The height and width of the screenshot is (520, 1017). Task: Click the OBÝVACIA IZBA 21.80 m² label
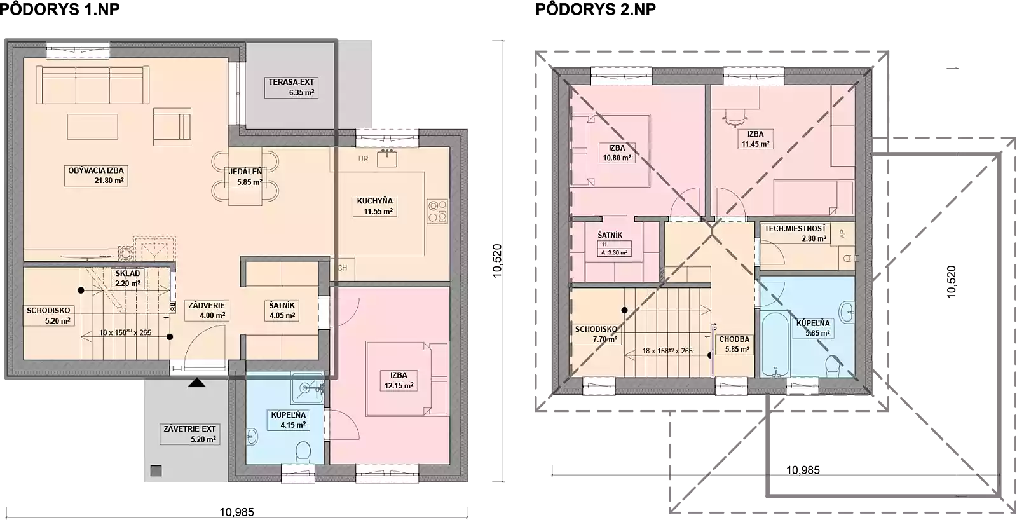[x=96, y=175]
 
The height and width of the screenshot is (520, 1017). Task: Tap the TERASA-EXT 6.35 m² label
[x=291, y=87]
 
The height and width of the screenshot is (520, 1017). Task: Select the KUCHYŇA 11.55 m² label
[x=374, y=206]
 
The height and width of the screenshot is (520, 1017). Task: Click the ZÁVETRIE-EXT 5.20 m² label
[x=189, y=434]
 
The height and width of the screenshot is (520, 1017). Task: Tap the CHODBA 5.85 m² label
[x=734, y=345]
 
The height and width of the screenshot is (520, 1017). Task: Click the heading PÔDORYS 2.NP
[x=596, y=9]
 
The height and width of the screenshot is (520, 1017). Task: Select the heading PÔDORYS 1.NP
[x=60, y=9]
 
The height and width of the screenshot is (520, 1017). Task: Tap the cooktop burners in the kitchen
[x=437, y=211]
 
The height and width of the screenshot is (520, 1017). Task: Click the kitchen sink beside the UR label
[x=387, y=158]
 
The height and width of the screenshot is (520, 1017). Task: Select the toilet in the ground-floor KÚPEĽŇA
[x=303, y=453]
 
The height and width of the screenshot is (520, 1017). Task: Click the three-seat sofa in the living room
[x=93, y=85]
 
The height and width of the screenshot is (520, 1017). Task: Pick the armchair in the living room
[x=172, y=127]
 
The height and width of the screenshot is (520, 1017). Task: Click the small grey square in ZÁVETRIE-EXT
[x=156, y=470]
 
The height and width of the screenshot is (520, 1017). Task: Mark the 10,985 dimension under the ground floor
[x=237, y=512]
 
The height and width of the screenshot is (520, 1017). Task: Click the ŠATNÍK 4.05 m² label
[x=282, y=311]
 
